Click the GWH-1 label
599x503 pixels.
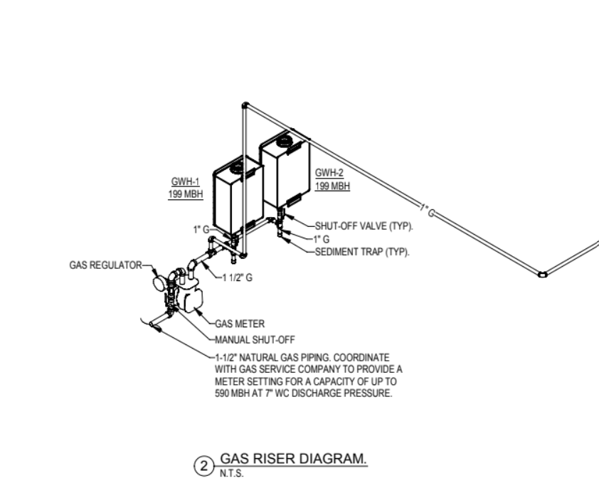tap(185, 181)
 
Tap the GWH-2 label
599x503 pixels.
tap(329, 173)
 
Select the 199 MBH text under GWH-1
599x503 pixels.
tap(186, 194)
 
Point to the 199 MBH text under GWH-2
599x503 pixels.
tap(332, 186)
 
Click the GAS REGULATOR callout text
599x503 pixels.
tap(105, 265)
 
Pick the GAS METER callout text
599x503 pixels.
tap(240, 324)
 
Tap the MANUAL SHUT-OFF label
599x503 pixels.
tap(255, 340)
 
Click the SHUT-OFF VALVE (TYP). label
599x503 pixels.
tap(364, 226)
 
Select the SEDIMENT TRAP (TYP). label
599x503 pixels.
tap(362, 252)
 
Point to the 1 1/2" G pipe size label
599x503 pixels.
tap(237, 277)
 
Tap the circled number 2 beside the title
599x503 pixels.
tap(204, 466)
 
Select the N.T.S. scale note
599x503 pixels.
tap(231, 474)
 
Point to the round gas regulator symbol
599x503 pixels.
tap(159, 283)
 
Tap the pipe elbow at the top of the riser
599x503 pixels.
tap(245, 105)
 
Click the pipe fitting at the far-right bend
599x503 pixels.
tap(543, 274)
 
